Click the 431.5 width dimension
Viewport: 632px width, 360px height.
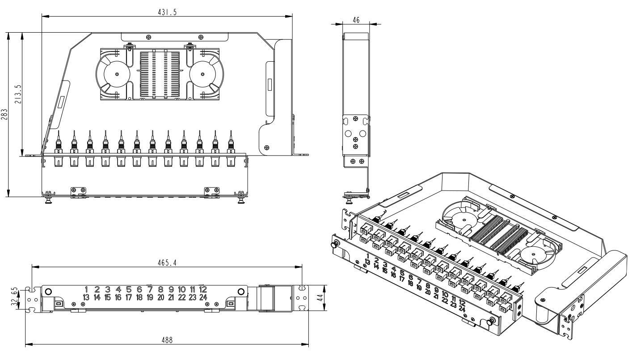[167, 13]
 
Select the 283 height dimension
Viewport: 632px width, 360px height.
[4, 114]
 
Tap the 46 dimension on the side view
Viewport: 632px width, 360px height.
[356, 20]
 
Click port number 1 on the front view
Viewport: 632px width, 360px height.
[86, 289]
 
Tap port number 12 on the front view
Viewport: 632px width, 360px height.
[203, 289]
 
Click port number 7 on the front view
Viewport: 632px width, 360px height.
[150, 289]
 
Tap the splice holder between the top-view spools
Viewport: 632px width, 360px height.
[160, 74]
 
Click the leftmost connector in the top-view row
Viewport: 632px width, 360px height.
[58, 145]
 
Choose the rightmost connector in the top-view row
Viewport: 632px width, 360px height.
[231, 145]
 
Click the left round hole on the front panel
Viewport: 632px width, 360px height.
[48, 292]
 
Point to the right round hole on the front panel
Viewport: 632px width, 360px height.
[241, 292]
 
